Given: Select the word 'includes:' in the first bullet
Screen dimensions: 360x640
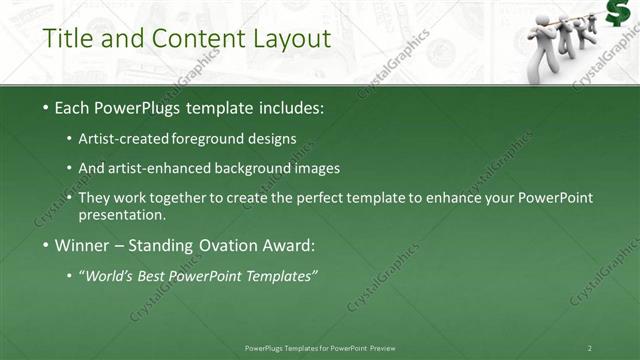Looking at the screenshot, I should pyautogui.click(x=292, y=106).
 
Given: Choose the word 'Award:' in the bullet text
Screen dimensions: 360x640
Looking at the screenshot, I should pyautogui.click(x=291, y=245).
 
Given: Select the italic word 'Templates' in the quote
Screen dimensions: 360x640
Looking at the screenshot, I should pyautogui.click(x=283, y=276).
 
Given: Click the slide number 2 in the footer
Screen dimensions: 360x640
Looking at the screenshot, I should pyautogui.click(x=590, y=348).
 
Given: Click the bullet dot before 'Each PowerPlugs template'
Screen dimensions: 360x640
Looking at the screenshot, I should pyautogui.click(x=47, y=106).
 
